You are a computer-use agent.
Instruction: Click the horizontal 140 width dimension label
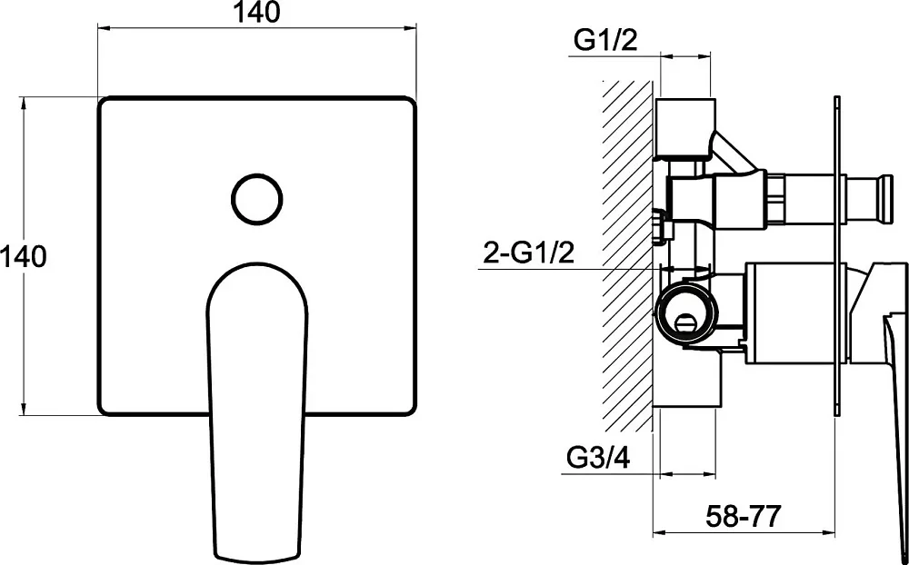click(x=256, y=12)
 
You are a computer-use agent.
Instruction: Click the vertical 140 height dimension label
click(x=24, y=256)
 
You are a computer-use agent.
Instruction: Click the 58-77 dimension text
click(x=744, y=515)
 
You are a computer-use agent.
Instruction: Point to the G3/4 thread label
click(x=598, y=458)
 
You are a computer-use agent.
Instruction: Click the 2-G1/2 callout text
click(x=529, y=253)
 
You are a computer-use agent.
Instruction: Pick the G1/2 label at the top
click(x=605, y=40)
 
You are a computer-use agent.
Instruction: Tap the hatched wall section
click(x=627, y=255)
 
